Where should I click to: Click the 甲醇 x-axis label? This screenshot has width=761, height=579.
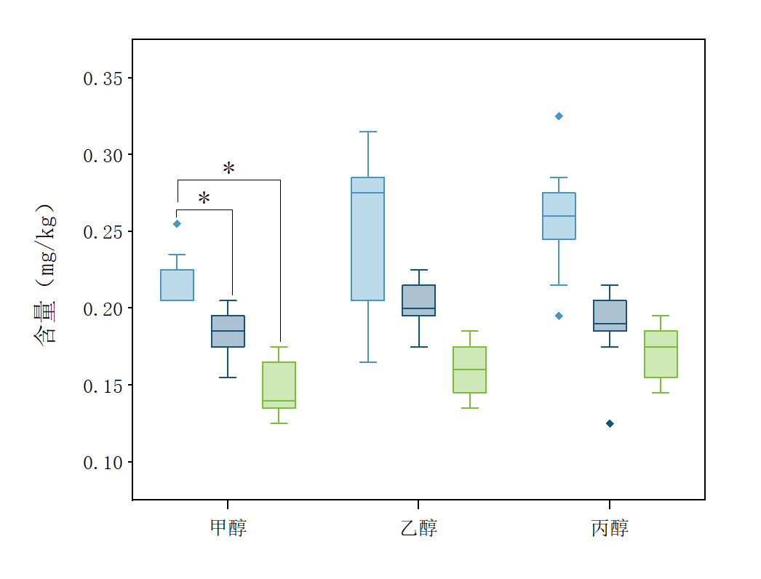(x=228, y=527)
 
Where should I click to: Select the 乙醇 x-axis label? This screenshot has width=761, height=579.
(x=418, y=527)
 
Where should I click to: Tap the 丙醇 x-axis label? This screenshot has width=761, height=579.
(x=610, y=527)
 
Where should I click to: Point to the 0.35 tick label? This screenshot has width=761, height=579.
(x=102, y=79)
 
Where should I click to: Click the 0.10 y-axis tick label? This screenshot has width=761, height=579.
(x=102, y=463)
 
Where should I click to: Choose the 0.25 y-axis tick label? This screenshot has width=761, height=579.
(x=102, y=232)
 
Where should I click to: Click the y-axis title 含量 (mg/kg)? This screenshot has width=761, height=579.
(x=45, y=274)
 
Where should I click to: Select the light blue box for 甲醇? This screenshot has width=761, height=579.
(x=177, y=285)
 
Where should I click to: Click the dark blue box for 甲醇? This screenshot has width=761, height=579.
(x=228, y=331)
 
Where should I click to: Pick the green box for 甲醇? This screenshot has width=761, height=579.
(x=279, y=385)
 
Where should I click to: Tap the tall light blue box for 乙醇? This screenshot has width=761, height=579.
(x=367, y=239)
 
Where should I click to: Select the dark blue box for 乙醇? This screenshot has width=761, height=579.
(x=418, y=300)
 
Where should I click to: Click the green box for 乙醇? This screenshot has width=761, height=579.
(x=469, y=370)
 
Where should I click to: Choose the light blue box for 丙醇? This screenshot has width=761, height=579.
(x=559, y=216)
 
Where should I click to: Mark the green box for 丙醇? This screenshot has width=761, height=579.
(x=661, y=354)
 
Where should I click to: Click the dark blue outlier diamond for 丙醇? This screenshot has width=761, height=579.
(x=610, y=423)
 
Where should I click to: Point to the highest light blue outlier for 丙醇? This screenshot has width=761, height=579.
(x=559, y=116)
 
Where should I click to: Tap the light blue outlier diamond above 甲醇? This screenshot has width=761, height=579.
(x=177, y=224)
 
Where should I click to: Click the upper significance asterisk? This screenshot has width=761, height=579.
(x=228, y=169)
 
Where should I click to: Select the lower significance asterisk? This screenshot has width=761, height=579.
(x=204, y=199)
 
